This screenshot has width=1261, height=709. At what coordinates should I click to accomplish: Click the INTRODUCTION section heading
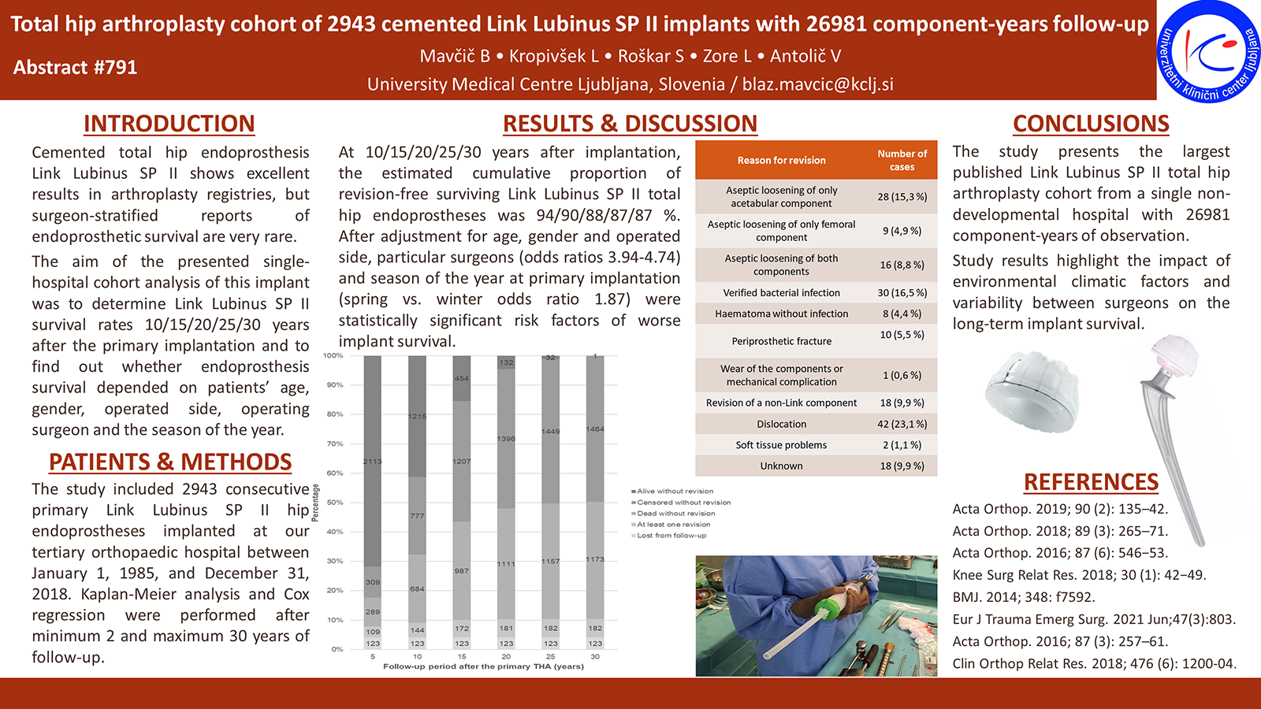point(169,124)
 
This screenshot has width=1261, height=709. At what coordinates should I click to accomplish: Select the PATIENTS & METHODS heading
point(170,462)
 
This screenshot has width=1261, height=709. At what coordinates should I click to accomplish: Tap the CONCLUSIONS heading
point(1091,124)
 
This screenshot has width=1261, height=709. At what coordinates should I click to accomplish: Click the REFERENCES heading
point(1091,481)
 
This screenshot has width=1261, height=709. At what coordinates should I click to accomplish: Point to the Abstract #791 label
point(76,67)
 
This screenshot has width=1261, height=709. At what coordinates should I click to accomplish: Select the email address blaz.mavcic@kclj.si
point(817,84)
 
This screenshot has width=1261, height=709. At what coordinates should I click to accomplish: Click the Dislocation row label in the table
point(781,424)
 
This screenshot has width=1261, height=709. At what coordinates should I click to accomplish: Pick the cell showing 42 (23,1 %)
point(902,424)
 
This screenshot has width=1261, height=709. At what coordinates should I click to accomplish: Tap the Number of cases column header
point(902,160)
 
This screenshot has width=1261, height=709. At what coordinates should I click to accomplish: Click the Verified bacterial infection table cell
point(781,292)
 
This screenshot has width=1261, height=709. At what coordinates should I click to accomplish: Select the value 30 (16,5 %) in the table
point(902,292)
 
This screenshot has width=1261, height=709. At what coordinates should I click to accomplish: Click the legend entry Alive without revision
point(675,491)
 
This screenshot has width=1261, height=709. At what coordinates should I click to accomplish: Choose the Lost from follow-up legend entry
point(671,536)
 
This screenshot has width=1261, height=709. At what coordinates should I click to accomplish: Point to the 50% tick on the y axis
point(335,503)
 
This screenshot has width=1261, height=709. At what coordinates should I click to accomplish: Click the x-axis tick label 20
point(506,656)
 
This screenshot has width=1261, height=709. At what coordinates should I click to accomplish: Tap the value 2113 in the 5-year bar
point(372,461)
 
